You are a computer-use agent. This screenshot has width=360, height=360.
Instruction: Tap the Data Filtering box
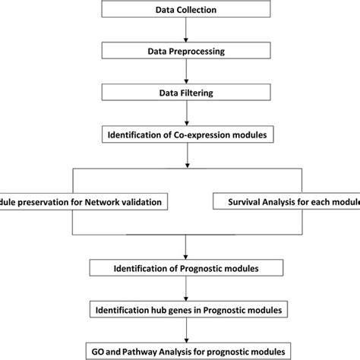pyautogui.click(x=187, y=95)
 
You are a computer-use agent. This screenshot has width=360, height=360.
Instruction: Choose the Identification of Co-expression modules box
pyautogui.click(x=187, y=137)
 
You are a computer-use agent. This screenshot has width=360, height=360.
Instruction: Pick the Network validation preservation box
pyautogui.click(x=84, y=202)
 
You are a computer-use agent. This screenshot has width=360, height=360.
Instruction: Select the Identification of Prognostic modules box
pyautogui.click(x=187, y=267)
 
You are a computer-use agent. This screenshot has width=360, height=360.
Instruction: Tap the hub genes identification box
pyautogui.click(x=187, y=310)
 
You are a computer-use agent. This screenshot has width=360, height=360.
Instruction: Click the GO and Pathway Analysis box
pyautogui.click(x=187, y=351)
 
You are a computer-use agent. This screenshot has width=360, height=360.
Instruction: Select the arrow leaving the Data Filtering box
pyautogui.click(x=187, y=116)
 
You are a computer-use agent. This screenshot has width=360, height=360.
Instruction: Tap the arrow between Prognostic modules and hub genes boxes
pyautogui.click(x=187, y=289)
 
